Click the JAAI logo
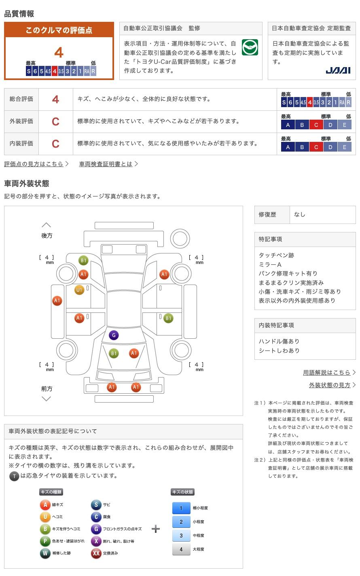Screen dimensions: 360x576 click(x=338, y=70)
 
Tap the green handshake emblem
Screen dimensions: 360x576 click(x=250, y=47)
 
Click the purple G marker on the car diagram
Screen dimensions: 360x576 click(x=114, y=335)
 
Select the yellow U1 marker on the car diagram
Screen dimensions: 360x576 click(x=79, y=290)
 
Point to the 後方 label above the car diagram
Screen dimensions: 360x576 click(x=47, y=236)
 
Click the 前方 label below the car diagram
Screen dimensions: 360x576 click(x=47, y=388)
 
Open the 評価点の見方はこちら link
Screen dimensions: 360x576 click(x=34, y=164)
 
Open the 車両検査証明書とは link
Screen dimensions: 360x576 click(x=106, y=164)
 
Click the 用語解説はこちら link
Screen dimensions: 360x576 click(x=326, y=372)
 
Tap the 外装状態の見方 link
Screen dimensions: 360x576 click(x=330, y=385)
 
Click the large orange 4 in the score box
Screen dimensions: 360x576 click(x=59, y=53)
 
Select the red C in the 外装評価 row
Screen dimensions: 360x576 click(x=55, y=121)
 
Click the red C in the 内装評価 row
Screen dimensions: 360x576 click(x=55, y=143)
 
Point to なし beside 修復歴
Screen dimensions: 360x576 click(x=300, y=215)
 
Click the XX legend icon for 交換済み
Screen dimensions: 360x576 click(x=96, y=553)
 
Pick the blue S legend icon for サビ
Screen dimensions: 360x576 click(x=96, y=504)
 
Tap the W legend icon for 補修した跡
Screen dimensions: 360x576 click(x=45, y=553)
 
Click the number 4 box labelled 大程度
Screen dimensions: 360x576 click(x=181, y=549)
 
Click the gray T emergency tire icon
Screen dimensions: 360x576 click(x=14, y=476)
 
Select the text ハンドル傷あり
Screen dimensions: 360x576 click(x=279, y=341)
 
